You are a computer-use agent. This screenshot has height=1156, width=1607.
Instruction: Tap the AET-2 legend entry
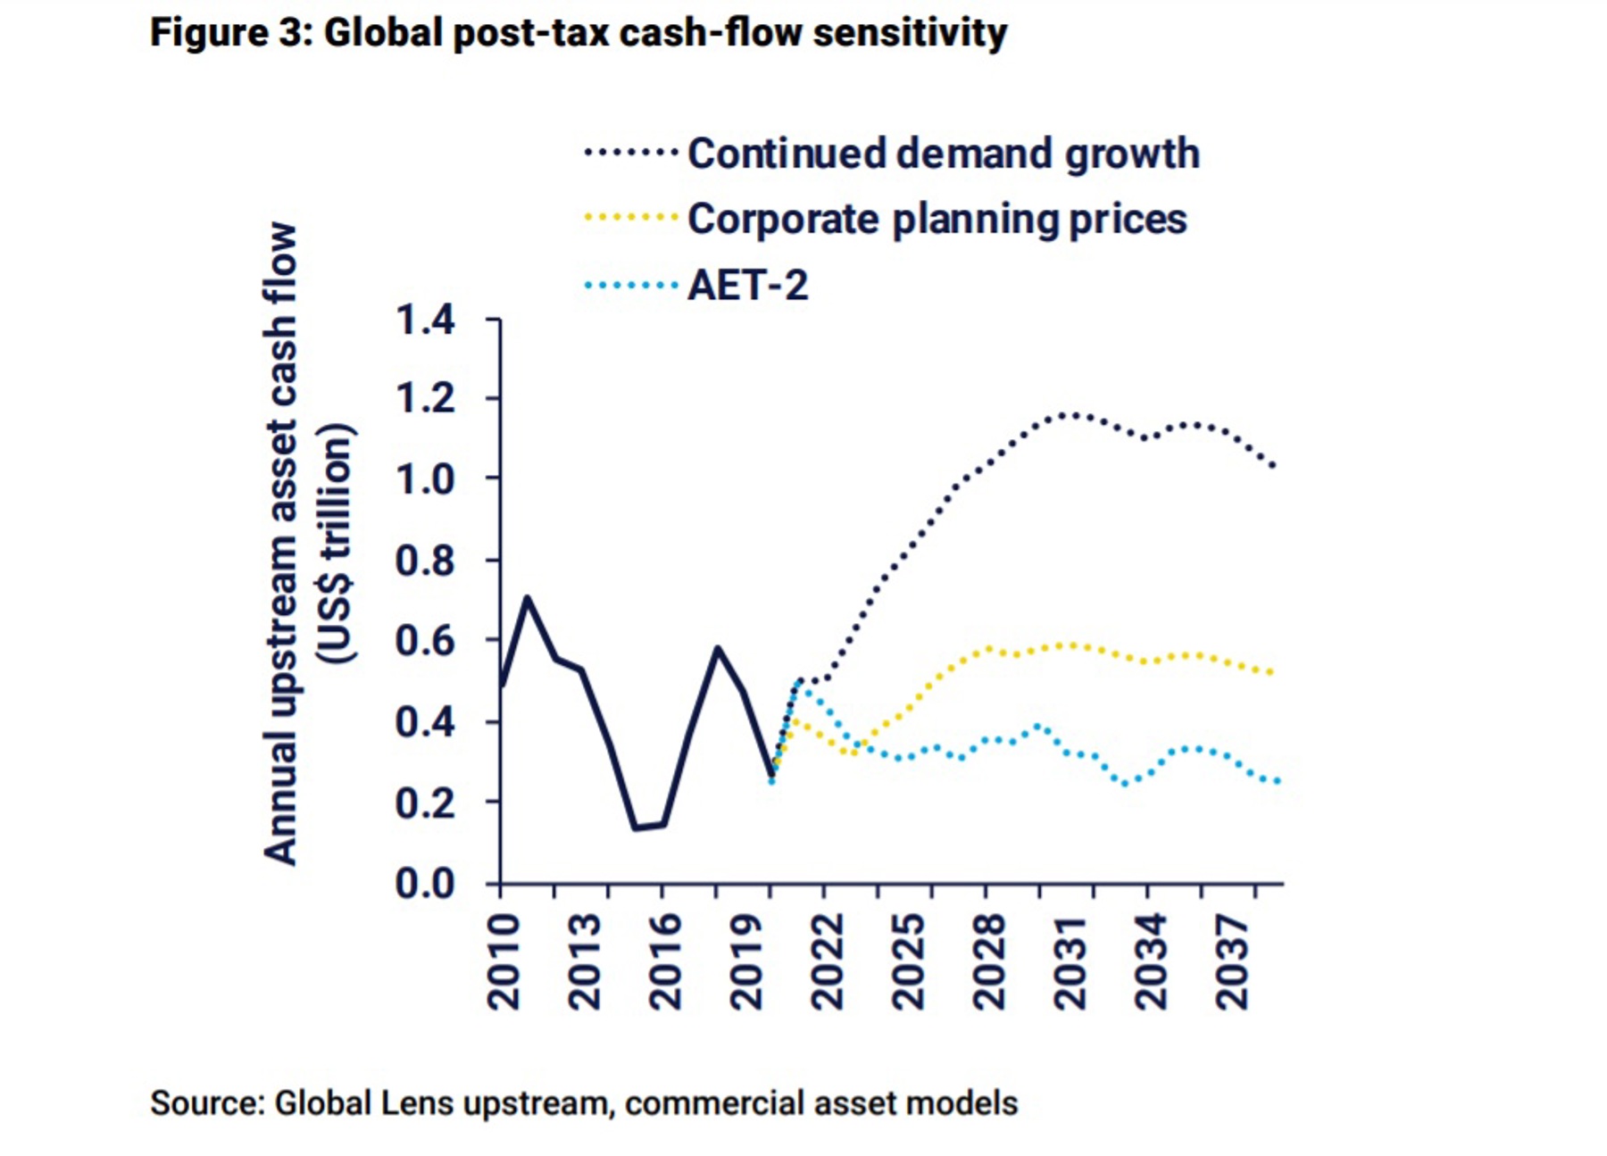pyautogui.click(x=747, y=286)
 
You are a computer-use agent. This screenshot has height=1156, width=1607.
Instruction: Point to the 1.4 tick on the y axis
pyautogui.click(x=425, y=320)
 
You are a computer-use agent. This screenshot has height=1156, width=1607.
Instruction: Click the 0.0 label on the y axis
pyautogui.click(x=425, y=884)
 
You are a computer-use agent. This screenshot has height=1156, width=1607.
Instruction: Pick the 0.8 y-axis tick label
pyautogui.click(x=425, y=561)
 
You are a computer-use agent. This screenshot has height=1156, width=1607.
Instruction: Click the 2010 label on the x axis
pyautogui.click(x=504, y=961)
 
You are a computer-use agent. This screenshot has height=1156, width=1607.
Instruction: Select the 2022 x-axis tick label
pyautogui.click(x=828, y=961)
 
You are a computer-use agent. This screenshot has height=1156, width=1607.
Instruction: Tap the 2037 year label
pyautogui.click(x=1232, y=961)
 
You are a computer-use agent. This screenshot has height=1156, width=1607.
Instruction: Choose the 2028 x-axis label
pyautogui.click(x=989, y=961)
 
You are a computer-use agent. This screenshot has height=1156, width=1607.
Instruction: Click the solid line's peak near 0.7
pyautogui.click(x=528, y=597)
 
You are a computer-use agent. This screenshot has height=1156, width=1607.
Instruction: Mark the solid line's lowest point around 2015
pyautogui.click(x=636, y=827)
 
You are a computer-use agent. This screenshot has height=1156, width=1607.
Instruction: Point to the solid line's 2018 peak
pyautogui.click(x=717, y=648)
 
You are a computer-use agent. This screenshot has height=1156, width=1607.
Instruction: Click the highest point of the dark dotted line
pyautogui.click(x=1071, y=414)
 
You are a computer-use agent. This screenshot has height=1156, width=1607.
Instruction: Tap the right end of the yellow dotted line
pyautogui.click(x=1270, y=672)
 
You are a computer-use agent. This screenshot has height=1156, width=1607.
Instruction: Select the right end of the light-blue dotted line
pyautogui.click(x=1278, y=781)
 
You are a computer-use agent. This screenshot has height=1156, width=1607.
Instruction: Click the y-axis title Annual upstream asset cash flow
pyautogui.click(x=280, y=545)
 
